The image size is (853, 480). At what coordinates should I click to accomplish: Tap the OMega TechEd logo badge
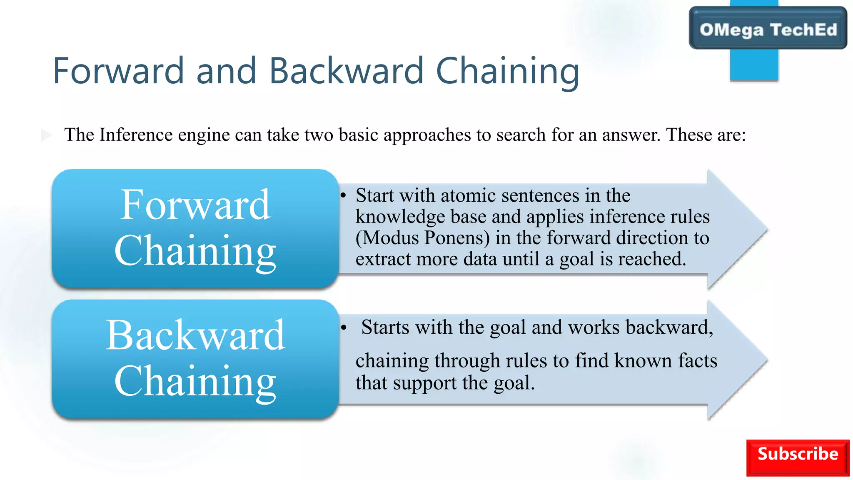click(x=768, y=29)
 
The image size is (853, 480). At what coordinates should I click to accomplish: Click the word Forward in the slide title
click(x=118, y=71)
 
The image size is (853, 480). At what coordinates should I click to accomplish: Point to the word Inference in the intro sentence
click(x=136, y=135)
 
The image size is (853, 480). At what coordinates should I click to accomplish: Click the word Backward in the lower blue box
click(x=195, y=335)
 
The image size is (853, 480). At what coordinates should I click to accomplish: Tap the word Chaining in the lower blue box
click(x=195, y=381)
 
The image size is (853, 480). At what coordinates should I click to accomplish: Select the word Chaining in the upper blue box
click(x=195, y=250)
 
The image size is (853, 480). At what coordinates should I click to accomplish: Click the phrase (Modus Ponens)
click(x=422, y=238)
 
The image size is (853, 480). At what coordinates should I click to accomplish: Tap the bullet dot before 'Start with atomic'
click(x=343, y=196)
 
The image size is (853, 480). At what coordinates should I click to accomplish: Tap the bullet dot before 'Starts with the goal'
click(x=343, y=328)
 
